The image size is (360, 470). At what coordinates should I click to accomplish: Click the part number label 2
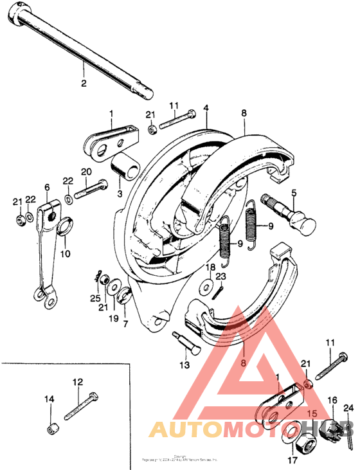coord(82,82)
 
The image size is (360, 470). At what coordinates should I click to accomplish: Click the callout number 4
coord(206,108)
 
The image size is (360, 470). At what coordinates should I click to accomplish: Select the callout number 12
coord(77,382)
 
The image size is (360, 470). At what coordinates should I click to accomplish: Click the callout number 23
coord(221,277)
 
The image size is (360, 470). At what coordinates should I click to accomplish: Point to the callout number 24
coord(348,407)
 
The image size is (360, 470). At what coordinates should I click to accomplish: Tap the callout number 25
coord(95,299)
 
